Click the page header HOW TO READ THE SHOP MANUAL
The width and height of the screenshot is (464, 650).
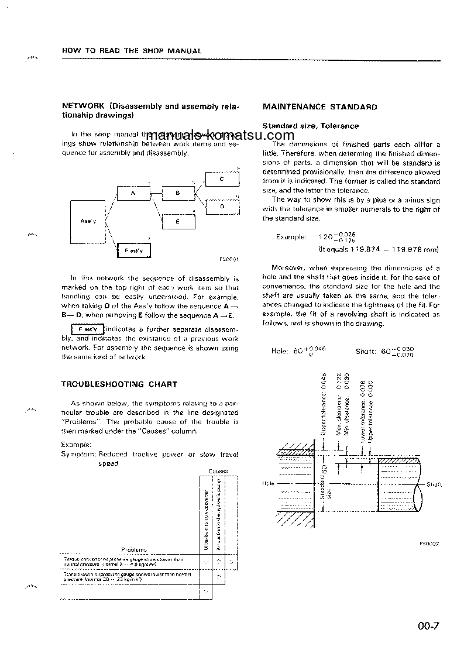click(x=132, y=51)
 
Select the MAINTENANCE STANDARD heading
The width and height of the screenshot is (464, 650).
click(x=319, y=107)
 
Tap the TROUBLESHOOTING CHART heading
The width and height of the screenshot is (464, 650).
click(x=119, y=384)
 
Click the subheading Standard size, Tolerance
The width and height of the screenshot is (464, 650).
click(x=311, y=126)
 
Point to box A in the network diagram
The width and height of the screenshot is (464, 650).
click(x=133, y=193)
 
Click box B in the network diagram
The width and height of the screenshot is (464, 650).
click(x=177, y=193)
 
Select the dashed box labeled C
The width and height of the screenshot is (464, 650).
click(x=222, y=180)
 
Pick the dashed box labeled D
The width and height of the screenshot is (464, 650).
click(x=222, y=207)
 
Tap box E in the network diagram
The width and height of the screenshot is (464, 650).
click(x=177, y=221)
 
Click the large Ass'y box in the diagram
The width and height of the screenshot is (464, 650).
click(x=87, y=221)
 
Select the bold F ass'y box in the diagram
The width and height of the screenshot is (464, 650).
click(x=133, y=250)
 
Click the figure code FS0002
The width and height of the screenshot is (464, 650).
click(x=429, y=543)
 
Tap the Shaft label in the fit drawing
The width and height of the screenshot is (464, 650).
click(x=434, y=484)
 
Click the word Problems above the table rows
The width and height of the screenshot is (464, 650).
click(x=134, y=549)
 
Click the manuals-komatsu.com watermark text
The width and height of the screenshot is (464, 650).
click(x=221, y=136)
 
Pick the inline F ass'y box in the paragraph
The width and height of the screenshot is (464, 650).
click(x=87, y=329)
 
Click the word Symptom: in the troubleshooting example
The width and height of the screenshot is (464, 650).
click(x=78, y=454)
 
